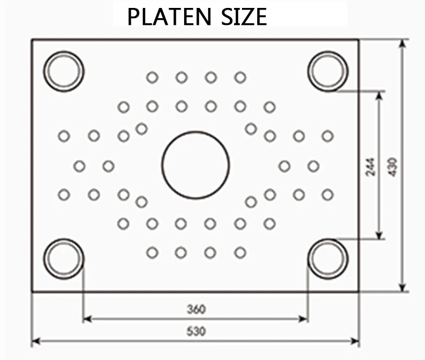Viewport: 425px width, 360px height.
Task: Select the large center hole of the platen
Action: [195, 165]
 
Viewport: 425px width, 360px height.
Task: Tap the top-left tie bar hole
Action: [64, 71]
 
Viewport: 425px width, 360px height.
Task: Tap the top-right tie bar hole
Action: [328, 71]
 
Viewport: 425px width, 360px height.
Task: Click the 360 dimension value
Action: [195, 310]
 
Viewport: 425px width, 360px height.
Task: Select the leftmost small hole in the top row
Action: [152, 78]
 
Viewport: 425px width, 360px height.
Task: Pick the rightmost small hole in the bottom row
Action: [240, 252]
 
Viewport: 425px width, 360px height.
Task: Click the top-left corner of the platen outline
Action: [32, 40]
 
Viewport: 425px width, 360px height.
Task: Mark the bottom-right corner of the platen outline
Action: [358, 291]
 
